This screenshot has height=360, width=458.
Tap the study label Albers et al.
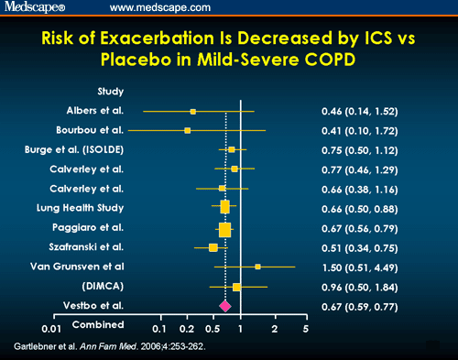click(x=110, y=111)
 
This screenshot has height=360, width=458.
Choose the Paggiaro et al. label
click(x=104, y=226)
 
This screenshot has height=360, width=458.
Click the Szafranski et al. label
click(x=102, y=246)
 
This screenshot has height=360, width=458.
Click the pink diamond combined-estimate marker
click(x=224, y=305)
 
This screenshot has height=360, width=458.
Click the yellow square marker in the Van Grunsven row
click(x=258, y=267)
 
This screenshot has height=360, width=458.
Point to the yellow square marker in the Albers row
click(x=193, y=112)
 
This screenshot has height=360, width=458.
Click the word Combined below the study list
click(x=98, y=324)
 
